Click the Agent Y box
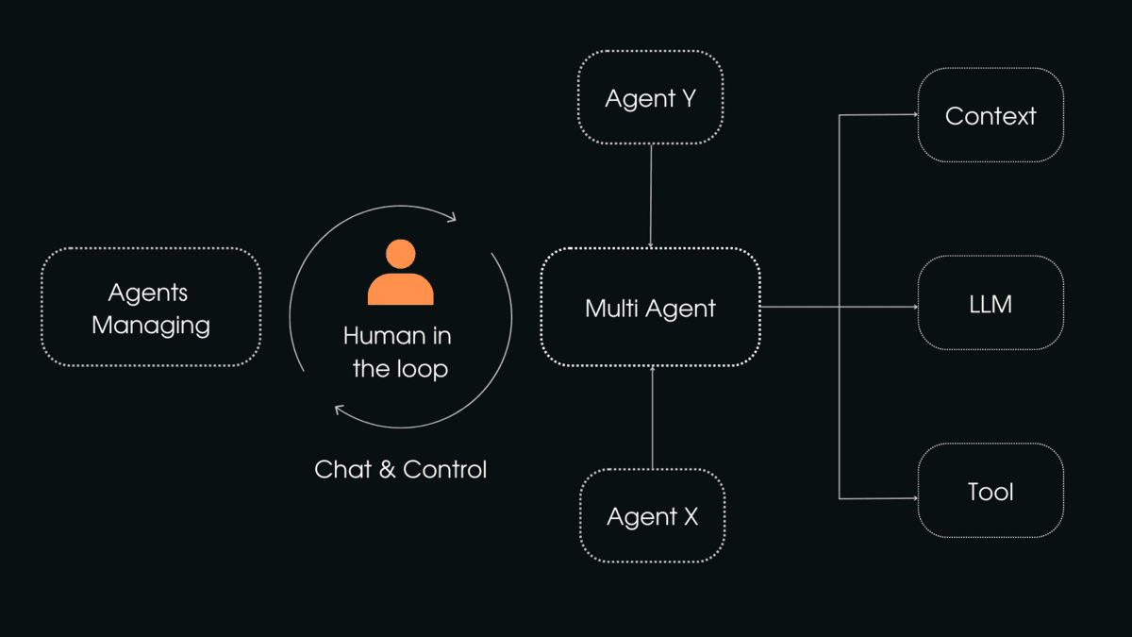click(x=651, y=97)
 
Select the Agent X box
click(x=652, y=516)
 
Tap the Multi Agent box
click(x=650, y=308)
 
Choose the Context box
click(x=990, y=115)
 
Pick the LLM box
click(x=990, y=304)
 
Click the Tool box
click(x=990, y=492)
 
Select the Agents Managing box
click(x=151, y=308)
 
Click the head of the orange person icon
click(x=401, y=254)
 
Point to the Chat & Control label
click(x=401, y=469)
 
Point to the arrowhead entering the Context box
click(x=914, y=115)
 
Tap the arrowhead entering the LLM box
click(x=914, y=307)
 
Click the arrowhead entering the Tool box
click(x=914, y=497)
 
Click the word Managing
click(x=151, y=326)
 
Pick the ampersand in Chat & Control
click(x=387, y=469)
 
